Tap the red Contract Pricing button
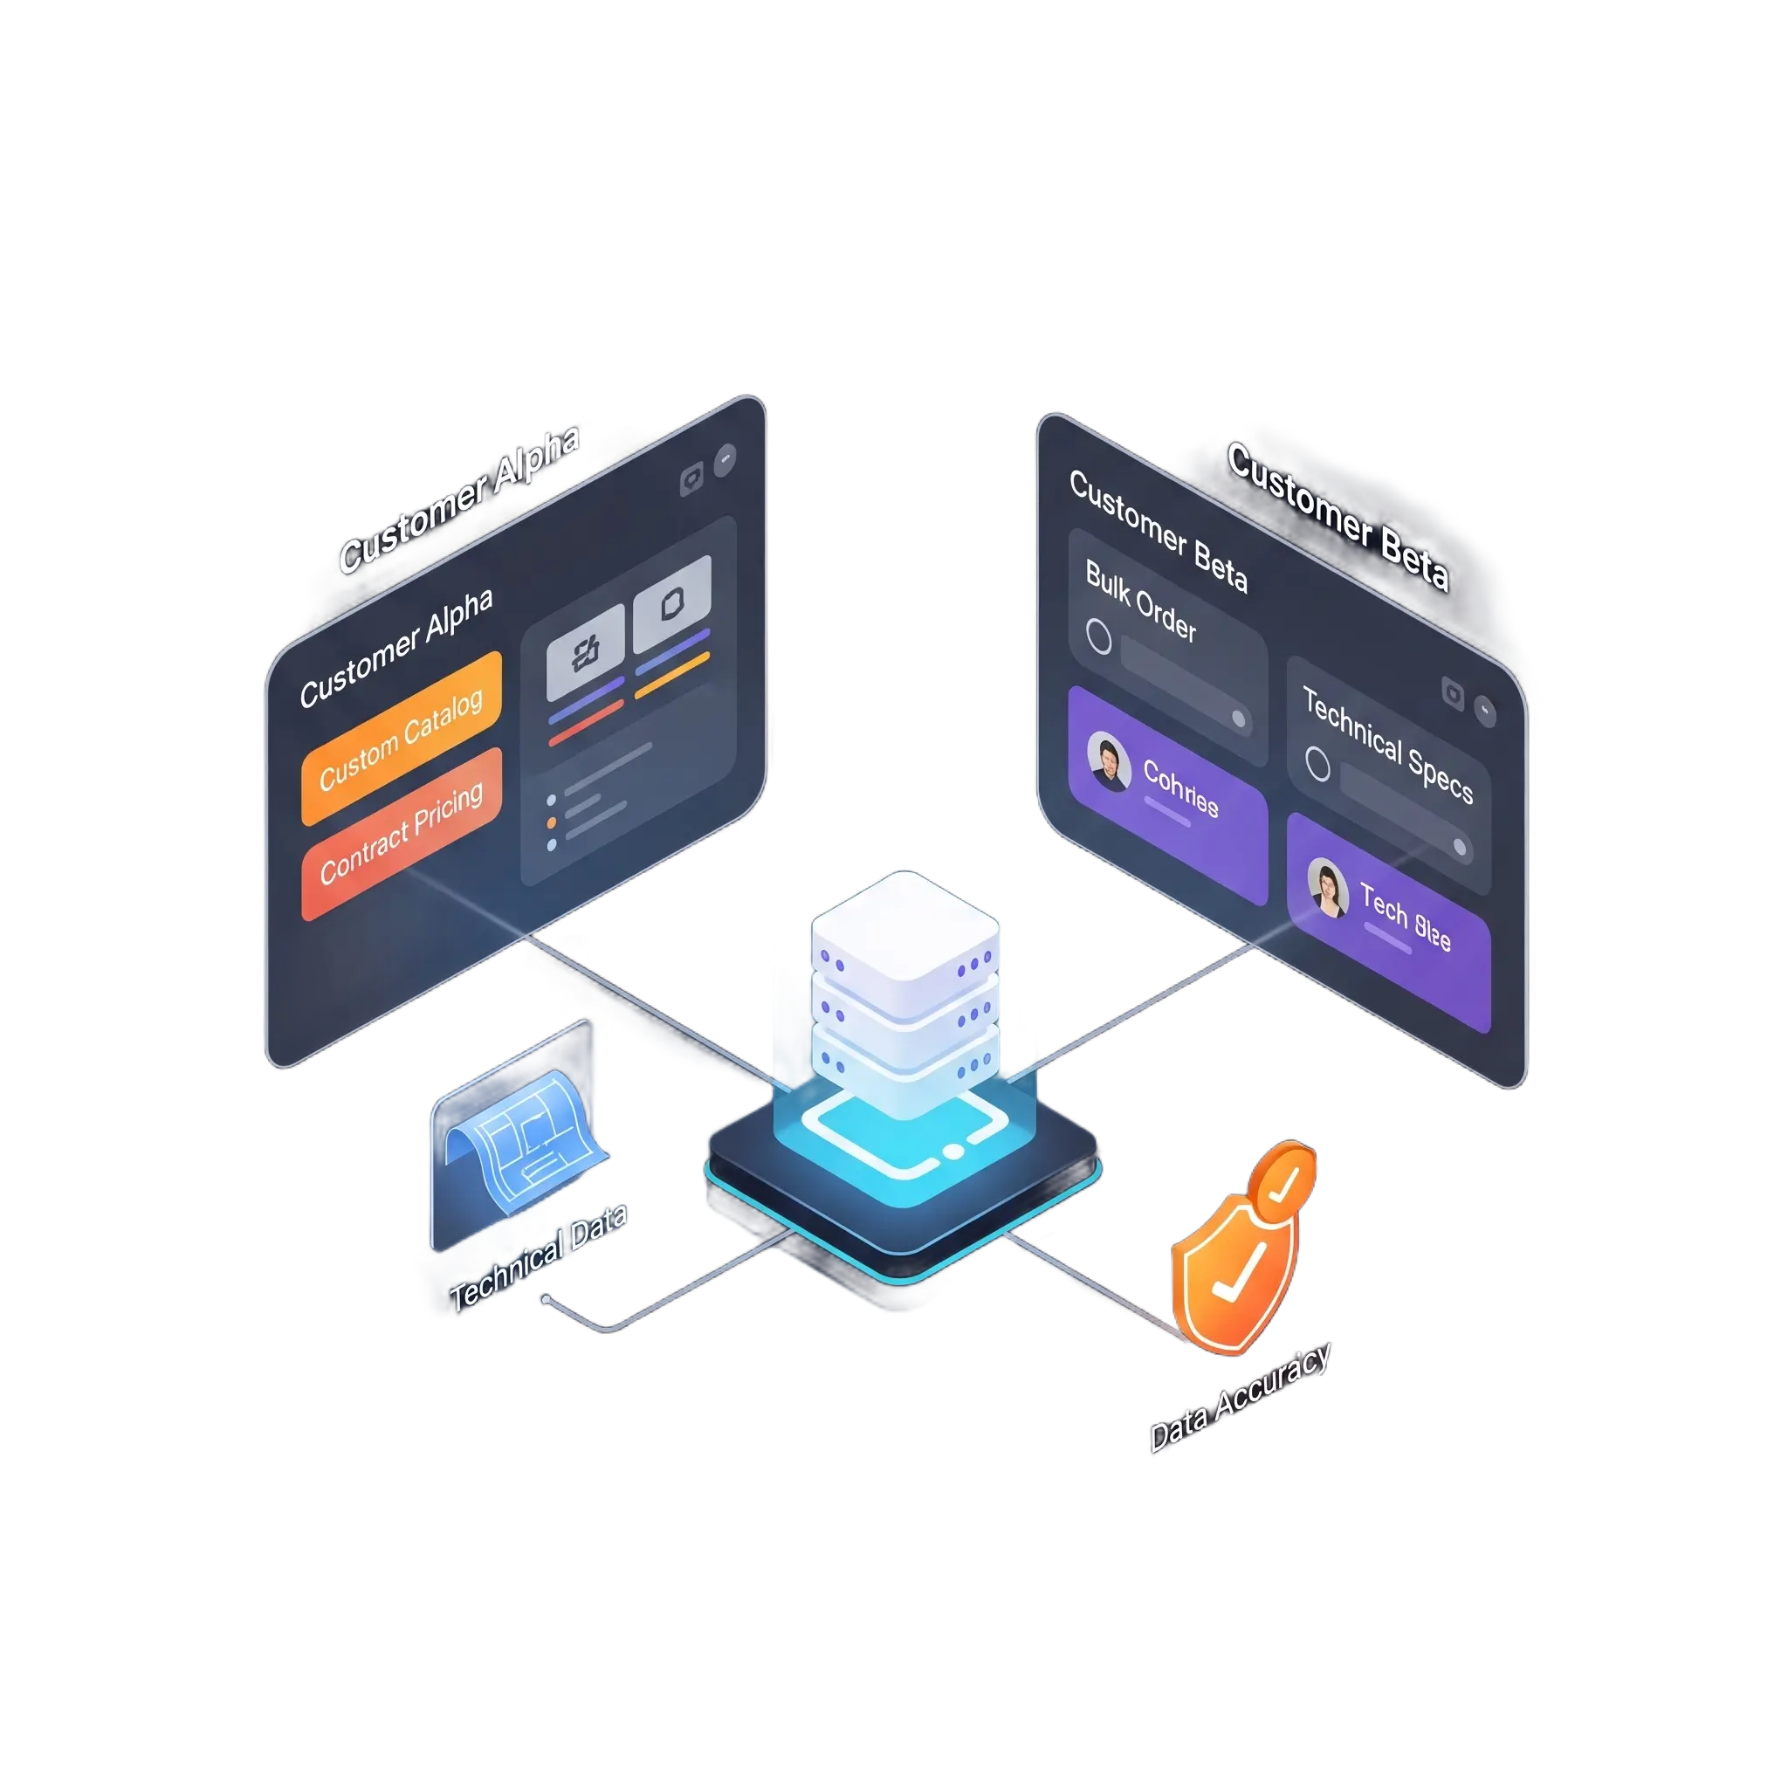click(x=401, y=833)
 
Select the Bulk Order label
click(x=1140, y=602)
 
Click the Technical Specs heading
click(x=1387, y=744)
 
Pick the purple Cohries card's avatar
click(x=1108, y=760)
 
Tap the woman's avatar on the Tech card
click(x=1327, y=888)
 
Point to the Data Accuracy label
click(x=1239, y=1398)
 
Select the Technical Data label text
click(x=538, y=1257)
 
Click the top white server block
click(x=904, y=925)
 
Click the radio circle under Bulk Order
click(x=1098, y=636)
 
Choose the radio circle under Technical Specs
click(x=1317, y=765)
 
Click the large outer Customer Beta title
click(x=1338, y=517)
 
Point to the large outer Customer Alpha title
click(x=459, y=499)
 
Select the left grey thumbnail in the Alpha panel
click(x=585, y=652)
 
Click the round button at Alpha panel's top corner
click(x=726, y=459)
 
